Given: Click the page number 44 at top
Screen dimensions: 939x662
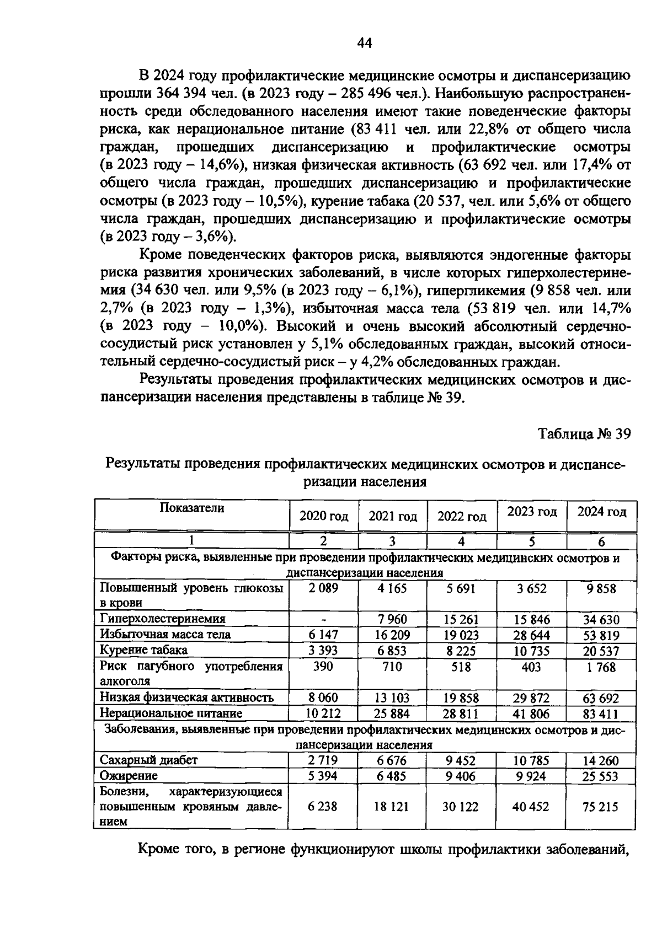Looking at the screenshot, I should (x=365, y=44).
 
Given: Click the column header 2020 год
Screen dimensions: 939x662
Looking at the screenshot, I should (x=324, y=516).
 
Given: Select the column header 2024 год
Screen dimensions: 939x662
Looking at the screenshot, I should (x=602, y=512).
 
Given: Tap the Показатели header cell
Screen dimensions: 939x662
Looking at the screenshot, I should (x=192, y=508).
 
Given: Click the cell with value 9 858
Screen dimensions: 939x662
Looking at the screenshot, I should (x=601, y=589).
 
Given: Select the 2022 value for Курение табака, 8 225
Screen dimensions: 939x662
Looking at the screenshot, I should (x=461, y=651).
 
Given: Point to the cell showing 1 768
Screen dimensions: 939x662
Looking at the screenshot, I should (x=601, y=667).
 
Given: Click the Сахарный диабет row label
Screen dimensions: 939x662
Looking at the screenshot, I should (x=148, y=760).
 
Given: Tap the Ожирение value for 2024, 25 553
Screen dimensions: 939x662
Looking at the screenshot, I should (x=601, y=776).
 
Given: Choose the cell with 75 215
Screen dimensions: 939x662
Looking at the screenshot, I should (x=601, y=807).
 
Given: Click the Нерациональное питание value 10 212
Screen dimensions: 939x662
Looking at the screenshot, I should (x=324, y=713).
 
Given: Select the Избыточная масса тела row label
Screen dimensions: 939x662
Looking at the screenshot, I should (x=165, y=635).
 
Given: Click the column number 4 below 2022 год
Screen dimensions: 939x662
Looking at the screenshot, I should (x=462, y=541).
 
